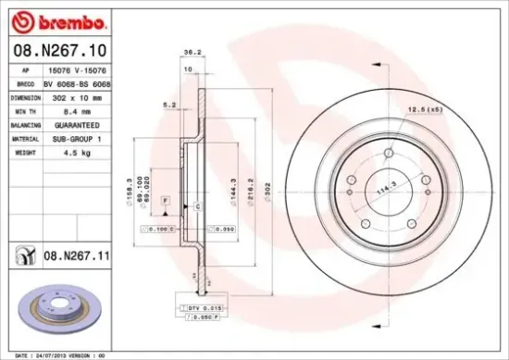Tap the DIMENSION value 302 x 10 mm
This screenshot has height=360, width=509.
point(76,95)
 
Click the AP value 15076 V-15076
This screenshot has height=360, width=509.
point(76,68)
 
